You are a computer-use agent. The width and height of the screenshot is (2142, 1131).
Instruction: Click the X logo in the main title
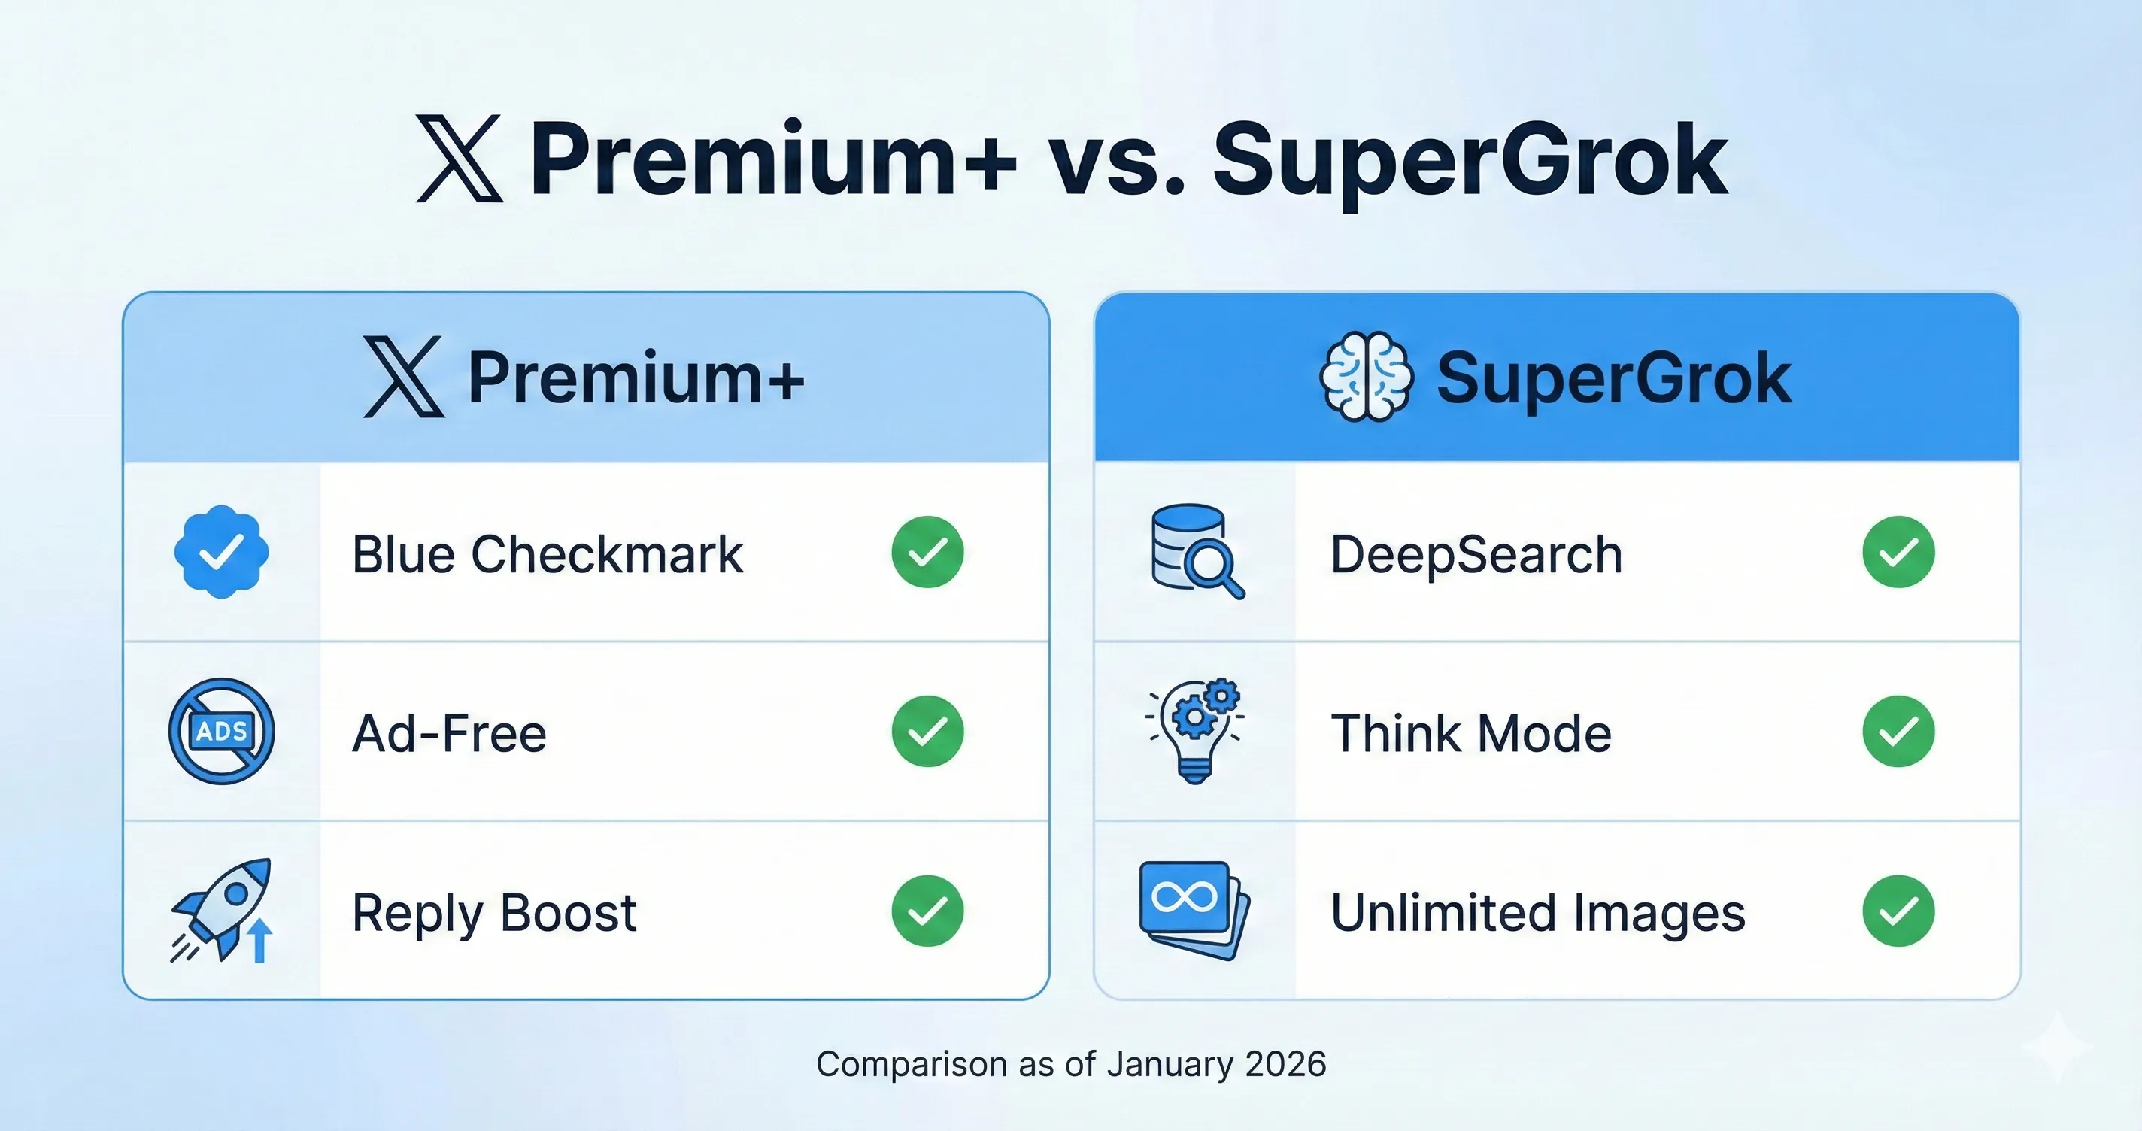pyautogui.click(x=459, y=159)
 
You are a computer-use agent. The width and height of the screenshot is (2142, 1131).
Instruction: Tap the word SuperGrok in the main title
pyautogui.click(x=1470, y=159)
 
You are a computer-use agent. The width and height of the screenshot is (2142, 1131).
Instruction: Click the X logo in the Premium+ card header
pyautogui.click(x=404, y=377)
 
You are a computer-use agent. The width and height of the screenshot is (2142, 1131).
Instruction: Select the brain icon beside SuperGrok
pyautogui.click(x=1365, y=377)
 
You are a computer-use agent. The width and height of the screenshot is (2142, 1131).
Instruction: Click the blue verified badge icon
pyautogui.click(x=221, y=551)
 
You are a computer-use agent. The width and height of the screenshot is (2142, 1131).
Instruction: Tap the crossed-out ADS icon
pyautogui.click(x=221, y=731)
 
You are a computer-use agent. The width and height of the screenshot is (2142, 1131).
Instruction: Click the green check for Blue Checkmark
pyautogui.click(x=927, y=551)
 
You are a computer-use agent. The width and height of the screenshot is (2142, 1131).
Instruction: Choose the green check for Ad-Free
pyautogui.click(x=927, y=731)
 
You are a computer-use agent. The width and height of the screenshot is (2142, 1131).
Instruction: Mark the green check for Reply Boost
pyautogui.click(x=927, y=911)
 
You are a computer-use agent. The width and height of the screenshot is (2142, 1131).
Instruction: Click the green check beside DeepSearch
pyautogui.click(x=1898, y=551)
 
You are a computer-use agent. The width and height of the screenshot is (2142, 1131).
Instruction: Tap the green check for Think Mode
pyautogui.click(x=1898, y=731)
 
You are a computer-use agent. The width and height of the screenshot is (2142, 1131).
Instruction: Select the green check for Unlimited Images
pyautogui.click(x=1898, y=911)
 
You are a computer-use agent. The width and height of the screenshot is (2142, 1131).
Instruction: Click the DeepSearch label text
pyautogui.click(x=1476, y=554)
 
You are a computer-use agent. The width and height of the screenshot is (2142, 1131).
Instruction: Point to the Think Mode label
pyautogui.click(x=1471, y=733)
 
